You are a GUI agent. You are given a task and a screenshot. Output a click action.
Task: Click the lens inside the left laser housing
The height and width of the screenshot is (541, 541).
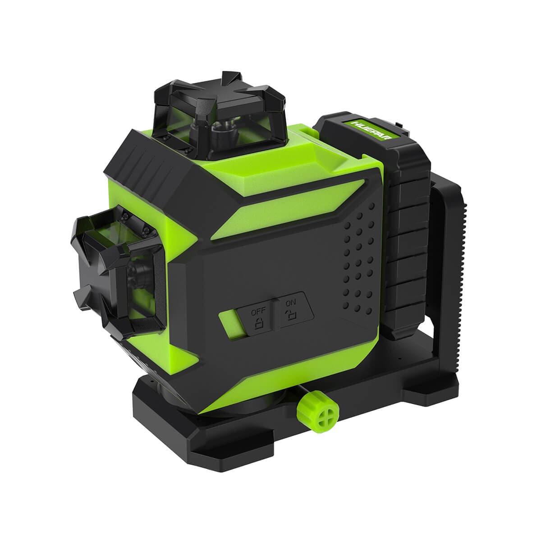(135, 275)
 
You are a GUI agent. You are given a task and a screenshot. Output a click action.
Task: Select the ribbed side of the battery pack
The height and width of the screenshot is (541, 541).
(408, 239)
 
